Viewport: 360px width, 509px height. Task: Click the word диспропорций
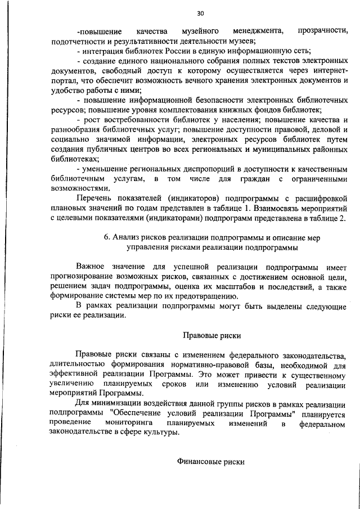(186, 169)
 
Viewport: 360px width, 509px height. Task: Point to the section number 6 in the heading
(107, 237)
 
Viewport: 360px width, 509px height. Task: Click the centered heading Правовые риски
(211, 336)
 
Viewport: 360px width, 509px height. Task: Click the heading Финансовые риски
(211, 461)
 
